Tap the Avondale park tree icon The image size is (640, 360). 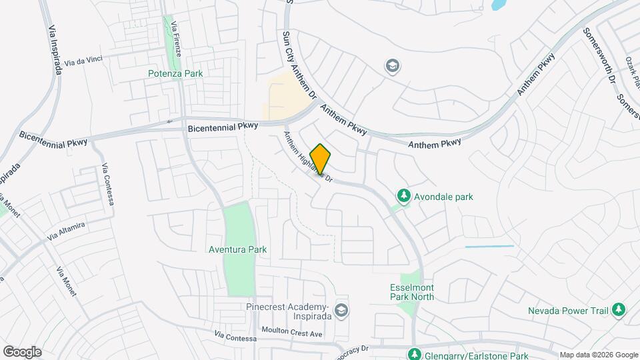click(x=403, y=196)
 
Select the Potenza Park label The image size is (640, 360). click(x=175, y=73)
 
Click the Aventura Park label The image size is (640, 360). click(x=238, y=249)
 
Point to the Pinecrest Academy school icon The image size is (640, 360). click(x=341, y=310)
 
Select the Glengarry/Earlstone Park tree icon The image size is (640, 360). click(x=415, y=353)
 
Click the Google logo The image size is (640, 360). click(x=22, y=352)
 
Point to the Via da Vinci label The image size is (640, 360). click(x=84, y=59)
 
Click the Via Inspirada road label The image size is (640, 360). click(x=53, y=50)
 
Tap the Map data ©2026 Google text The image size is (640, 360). click(x=598, y=355)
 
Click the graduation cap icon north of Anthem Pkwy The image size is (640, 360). click(x=392, y=65)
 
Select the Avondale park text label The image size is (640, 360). click(x=443, y=197)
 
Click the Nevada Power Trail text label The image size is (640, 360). click(x=567, y=311)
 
